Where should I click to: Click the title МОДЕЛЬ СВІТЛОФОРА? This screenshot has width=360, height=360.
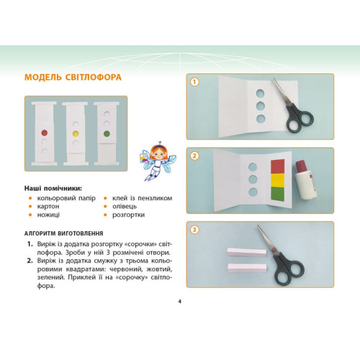[73, 77]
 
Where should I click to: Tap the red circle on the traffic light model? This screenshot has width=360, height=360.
[45, 132]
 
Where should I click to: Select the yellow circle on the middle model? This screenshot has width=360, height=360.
[76, 133]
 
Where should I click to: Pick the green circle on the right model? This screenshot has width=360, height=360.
[107, 134]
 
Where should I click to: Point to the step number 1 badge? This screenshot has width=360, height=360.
[194, 82]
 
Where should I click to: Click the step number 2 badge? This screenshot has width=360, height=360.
[194, 156]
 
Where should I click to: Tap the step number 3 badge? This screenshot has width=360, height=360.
[194, 230]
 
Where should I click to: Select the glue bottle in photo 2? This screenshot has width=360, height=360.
[305, 180]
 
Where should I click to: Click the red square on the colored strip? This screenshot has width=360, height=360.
[278, 166]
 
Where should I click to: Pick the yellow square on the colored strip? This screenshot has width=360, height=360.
[278, 180]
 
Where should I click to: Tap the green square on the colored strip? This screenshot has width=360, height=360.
[278, 194]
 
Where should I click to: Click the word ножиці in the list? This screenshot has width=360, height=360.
[48, 215]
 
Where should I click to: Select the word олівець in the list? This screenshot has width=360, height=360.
[125, 207]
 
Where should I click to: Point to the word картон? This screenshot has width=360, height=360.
[48, 207]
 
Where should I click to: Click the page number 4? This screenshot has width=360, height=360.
[180, 302]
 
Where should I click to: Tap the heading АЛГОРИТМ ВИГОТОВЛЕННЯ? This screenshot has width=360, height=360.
[64, 233]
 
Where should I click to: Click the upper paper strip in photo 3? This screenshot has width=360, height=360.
[247, 253]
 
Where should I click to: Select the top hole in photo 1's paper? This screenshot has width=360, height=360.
[260, 94]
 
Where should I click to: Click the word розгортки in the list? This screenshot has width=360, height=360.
[128, 215]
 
